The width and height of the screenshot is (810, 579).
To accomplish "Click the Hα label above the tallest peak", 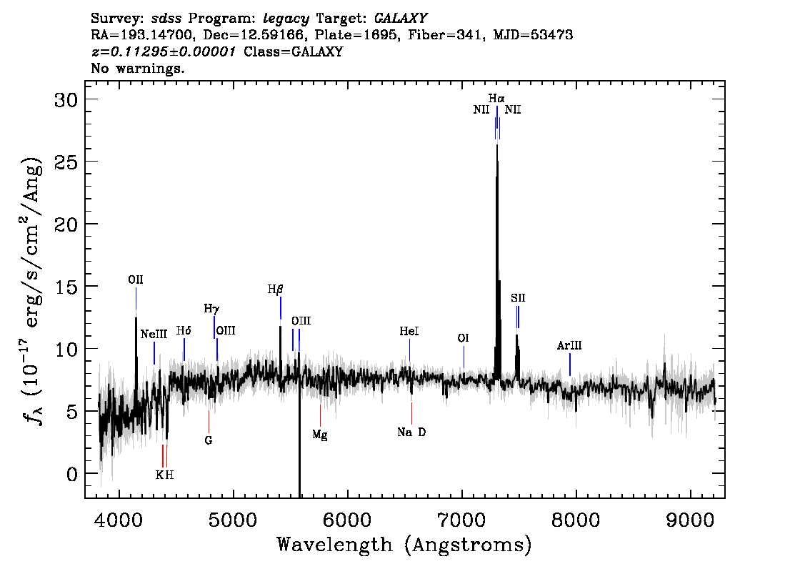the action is pyautogui.click(x=496, y=98).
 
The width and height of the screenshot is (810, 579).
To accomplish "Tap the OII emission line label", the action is pyautogui.click(x=136, y=279).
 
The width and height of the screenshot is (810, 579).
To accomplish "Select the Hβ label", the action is pyautogui.click(x=275, y=289).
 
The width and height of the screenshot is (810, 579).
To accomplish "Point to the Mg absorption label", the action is pyautogui.click(x=320, y=435).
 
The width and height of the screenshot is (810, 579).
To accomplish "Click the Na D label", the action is pyautogui.click(x=411, y=432).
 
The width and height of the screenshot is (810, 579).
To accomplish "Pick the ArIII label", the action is pyautogui.click(x=569, y=345).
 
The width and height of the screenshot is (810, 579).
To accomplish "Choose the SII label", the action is pyautogui.click(x=518, y=298).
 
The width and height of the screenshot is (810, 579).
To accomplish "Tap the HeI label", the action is pyautogui.click(x=409, y=331).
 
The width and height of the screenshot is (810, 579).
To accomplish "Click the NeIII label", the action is pyautogui.click(x=154, y=334).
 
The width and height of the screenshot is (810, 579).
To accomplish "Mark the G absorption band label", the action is pyautogui.click(x=209, y=440).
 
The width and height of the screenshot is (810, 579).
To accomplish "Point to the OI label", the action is pyautogui.click(x=464, y=338).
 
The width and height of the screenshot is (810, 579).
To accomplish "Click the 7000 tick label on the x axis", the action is pyautogui.click(x=462, y=520).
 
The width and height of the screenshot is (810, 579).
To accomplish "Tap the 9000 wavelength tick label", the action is pyautogui.click(x=690, y=520).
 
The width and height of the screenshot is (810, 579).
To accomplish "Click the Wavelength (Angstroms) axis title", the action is pyautogui.click(x=404, y=545).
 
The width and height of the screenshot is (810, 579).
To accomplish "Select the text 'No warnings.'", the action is pyautogui.click(x=138, y=68).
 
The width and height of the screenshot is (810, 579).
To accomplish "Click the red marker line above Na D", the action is pyautogui.click(x=411, y=413).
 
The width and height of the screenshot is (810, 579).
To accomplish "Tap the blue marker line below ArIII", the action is pyautogui.click(x=570, y=365).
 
